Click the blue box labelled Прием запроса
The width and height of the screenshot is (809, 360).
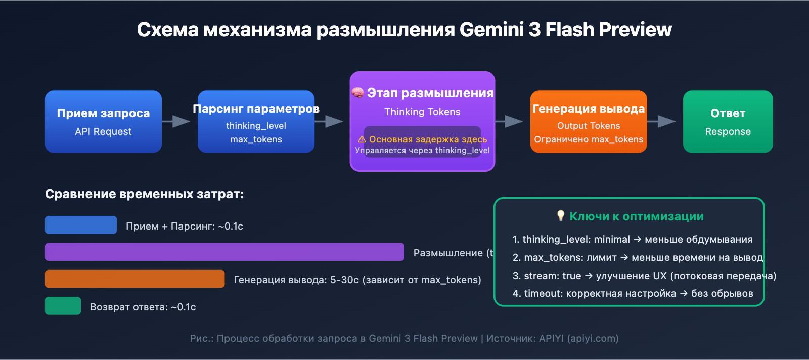pyautogui.click(x=103, y=121)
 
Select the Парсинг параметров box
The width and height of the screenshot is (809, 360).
pyautogui.click(x=256, y=121)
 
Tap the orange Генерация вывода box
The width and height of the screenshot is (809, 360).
pyautogui.click(x=589, y=121)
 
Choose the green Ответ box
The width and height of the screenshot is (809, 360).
pyautogui.click(x=728, y=121)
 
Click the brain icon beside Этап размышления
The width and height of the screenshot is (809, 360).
pyautogui.click(x=357, y=93)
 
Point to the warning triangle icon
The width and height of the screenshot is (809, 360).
pyautogui.click(x=362, y=139)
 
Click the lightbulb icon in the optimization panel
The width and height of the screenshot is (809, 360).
pyautogui.click(x=560, y=216)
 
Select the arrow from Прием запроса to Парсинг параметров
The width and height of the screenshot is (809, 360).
pyautogui.click(x=177, y=121)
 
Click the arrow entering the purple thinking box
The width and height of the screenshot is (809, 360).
pyautogui.click(x=330, y=121)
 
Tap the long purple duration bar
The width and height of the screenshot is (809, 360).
pyautogui.click(x=224, y=252)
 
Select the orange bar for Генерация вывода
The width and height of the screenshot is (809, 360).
pyautogui.click(x=134, y=279)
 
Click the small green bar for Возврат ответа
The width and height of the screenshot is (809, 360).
pyautogui.click(x=63, y=306)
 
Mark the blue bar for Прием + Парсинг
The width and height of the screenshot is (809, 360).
pyautogui.click(x=81, y=225)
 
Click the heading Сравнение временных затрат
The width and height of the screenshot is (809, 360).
pyautogui.click(x=144, y=194)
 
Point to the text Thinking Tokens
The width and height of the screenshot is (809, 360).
pyautogui.click(x=422, y=112)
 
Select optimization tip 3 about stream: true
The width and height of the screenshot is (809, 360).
pyautogui.click(x=644, y=276)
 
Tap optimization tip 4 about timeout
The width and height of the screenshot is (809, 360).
pyautogui.click(x=633, y=293)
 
